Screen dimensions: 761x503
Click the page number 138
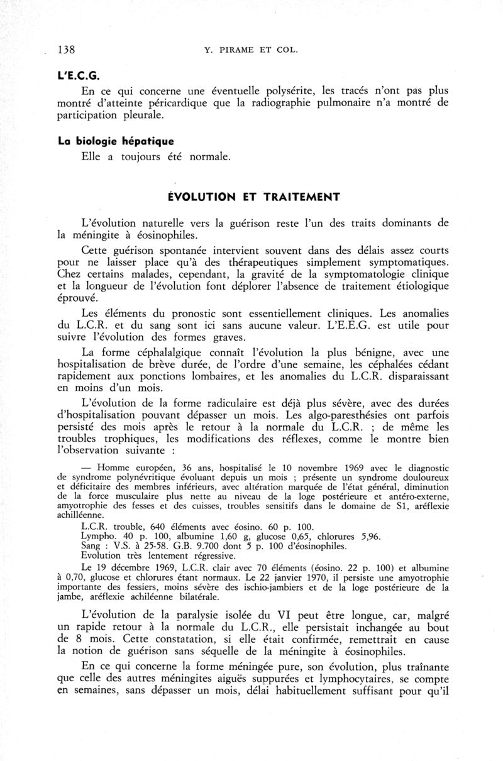pos(67,49)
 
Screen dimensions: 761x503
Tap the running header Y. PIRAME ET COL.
pos(250,50)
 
